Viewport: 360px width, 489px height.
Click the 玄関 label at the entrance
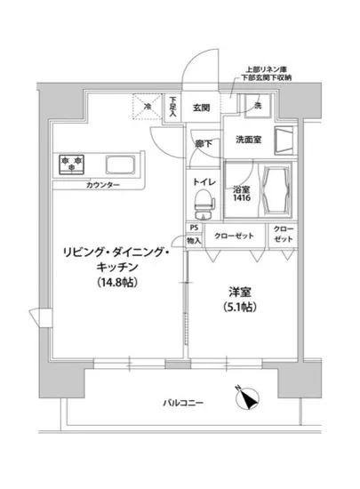point(200,108)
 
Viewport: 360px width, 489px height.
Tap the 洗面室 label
point(248,140)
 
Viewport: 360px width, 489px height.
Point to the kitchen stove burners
point(71,163)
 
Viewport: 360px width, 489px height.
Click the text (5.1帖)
point(235,309)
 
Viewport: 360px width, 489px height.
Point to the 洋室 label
point(235,291)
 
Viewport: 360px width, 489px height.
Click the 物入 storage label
point(194,240)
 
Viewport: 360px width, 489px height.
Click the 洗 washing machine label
point(257,107)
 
